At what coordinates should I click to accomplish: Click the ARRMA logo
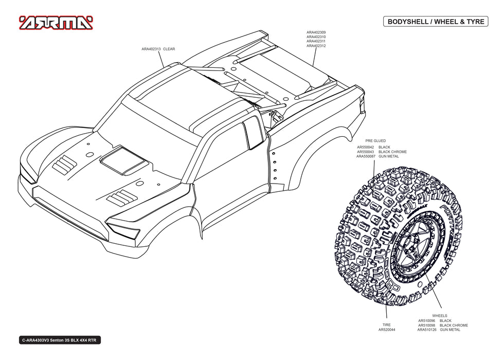[56, 23]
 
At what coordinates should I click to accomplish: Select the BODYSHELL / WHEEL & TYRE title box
[435, 22]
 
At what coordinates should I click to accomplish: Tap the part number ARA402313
[151, 49]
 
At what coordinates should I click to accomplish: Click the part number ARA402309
[316, 32]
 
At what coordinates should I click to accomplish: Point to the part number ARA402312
[316, 46]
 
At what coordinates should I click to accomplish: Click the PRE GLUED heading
[375, 140]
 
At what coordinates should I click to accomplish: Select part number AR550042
[367, 147]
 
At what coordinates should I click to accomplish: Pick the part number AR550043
[367, 152]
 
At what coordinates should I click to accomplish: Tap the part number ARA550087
[366, 156]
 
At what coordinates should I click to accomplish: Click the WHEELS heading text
[440, 315]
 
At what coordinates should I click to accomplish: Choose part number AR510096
[427, 320]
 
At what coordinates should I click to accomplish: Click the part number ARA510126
[427, 330]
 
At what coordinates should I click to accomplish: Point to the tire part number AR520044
[387, 330]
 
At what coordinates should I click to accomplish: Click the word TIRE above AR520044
[387, 325]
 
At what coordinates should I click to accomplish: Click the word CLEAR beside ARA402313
[169, 49]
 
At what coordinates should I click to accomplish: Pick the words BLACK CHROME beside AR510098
[454, 325]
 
